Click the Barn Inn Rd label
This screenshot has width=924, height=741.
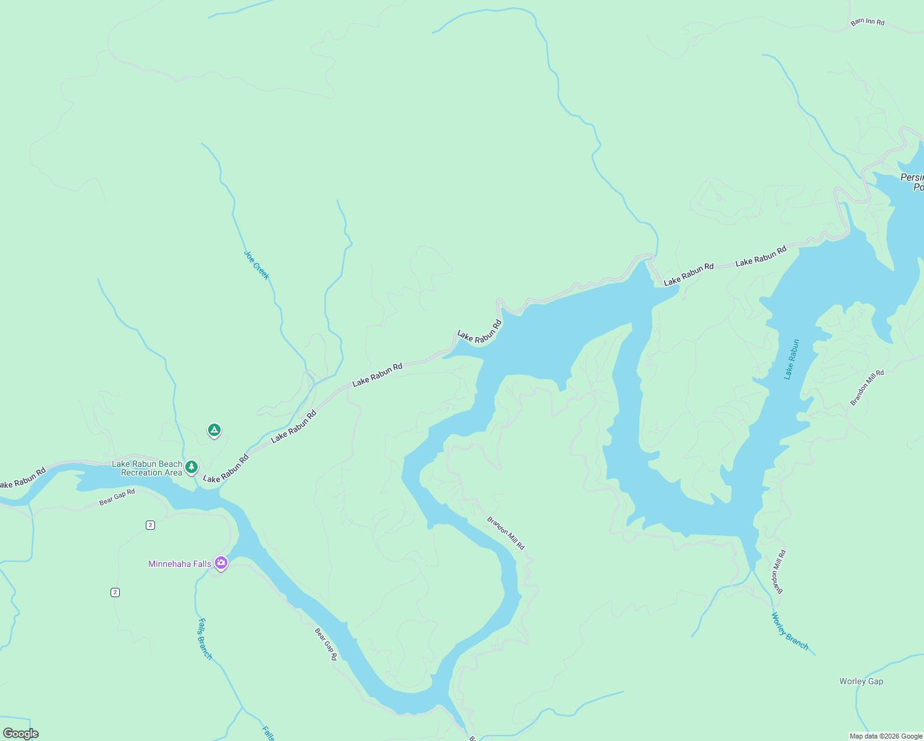point(867,22)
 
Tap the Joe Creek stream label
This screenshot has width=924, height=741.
point(256,265)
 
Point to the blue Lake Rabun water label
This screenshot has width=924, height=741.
point(791,359)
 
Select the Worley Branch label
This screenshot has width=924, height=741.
point(789,631)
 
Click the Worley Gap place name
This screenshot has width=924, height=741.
point(861,682)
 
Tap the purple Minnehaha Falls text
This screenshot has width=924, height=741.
point(179,564)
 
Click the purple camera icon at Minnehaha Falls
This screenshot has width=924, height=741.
point(221,563)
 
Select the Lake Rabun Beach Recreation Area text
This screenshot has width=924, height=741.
point(147,469)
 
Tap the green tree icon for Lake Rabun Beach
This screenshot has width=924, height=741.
point(192,467)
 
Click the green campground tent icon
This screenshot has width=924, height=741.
point(214,430)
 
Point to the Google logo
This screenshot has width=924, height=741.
point(20,734)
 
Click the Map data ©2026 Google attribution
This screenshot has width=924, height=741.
point(886,736)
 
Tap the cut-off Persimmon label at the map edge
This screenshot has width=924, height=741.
point(912,182)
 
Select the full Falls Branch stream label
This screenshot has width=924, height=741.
point(204,638)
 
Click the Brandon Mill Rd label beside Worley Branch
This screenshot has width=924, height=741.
point(778,572)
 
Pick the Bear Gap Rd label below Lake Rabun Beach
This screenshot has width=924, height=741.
point(117,497)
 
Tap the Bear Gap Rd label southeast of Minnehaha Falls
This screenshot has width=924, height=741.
point(325,644)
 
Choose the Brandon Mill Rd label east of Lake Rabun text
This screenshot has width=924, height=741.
point(867,388)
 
